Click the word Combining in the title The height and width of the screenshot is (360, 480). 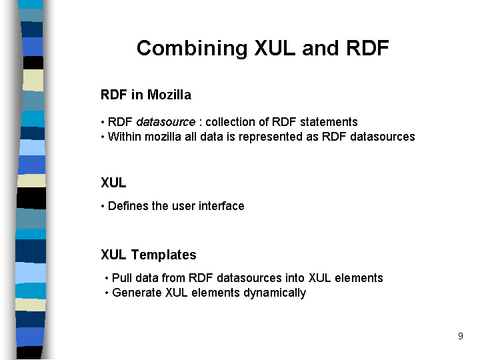(192, 49)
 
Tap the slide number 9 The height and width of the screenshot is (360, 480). (461, 336)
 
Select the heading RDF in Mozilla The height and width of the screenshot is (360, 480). (146, 95)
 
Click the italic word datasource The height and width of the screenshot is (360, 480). (166, 122)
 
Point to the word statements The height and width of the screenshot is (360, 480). (329, 122)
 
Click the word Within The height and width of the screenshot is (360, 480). (124, 137)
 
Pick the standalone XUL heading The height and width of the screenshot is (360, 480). (113, 183)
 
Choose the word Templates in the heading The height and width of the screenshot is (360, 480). (164, 255)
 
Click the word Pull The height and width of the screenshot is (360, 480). (122, 278)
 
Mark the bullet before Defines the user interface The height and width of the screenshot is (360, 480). (103, 206)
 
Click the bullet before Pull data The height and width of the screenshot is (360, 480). (107, 278)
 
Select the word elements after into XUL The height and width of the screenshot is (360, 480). (359, 278)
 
